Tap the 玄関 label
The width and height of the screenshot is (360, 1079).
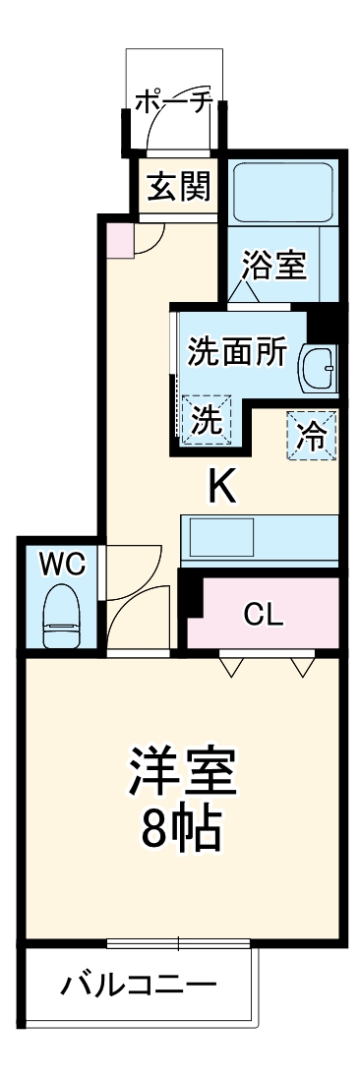coord(176,185)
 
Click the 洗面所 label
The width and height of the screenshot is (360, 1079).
coord(237,351)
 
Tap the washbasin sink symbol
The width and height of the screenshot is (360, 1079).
coord(319,369)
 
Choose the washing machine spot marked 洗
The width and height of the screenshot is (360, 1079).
coord(206,420)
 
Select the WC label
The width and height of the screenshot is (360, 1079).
coord(63,565)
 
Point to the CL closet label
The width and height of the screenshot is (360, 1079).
coord(264,616)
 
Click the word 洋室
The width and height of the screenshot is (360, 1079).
coord(183,774)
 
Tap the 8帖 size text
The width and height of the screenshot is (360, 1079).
coord(183,831)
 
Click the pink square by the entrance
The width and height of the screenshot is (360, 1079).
coord(119,238)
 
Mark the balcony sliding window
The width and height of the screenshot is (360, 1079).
coord(178,944)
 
